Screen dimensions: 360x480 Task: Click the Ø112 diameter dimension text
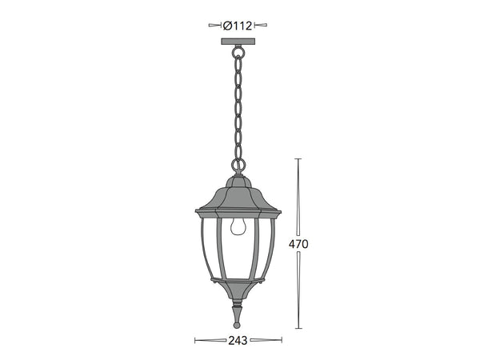pos(238,25)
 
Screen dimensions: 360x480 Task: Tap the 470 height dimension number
pos(298,244)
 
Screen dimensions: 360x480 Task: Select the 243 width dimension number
pos(238,340)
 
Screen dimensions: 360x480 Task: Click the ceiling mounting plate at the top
pos(238,39)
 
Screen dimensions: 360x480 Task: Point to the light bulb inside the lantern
pos(237,227)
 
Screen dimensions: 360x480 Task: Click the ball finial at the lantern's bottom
pos(238,324)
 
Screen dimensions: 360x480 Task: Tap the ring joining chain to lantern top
pos(238,166)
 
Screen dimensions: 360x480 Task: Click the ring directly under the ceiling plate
pos(238,51)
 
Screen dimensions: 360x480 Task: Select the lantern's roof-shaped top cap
pos(238,196)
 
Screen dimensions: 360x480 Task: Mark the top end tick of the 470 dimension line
pos(298,159)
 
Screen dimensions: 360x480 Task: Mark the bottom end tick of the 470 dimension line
pos(298,329)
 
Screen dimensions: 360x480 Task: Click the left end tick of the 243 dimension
pos(196,340)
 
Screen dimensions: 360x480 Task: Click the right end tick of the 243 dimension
pos(281,340)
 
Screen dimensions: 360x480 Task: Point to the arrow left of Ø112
pos(215,25)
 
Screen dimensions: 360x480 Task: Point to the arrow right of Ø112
pos(262,25)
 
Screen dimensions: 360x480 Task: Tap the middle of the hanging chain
pos(238,108)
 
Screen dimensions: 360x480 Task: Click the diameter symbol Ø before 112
pos(227,25)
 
